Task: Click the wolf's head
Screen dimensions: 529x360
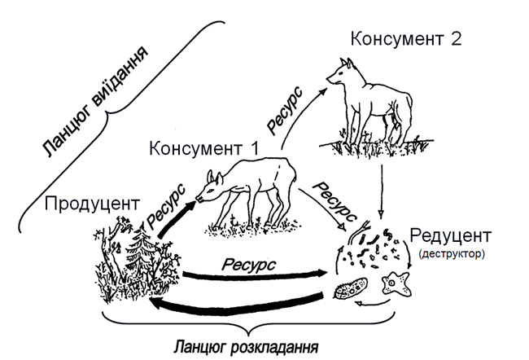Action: [340, 70]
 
